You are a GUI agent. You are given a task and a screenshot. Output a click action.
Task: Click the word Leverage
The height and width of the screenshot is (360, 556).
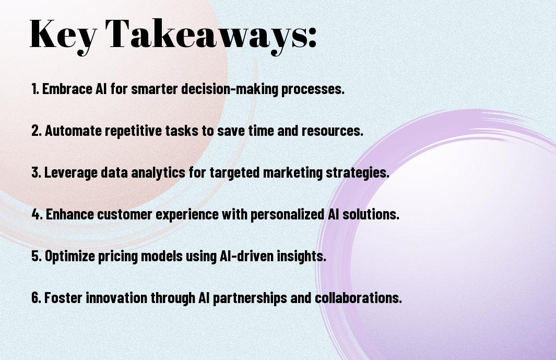(71, 173)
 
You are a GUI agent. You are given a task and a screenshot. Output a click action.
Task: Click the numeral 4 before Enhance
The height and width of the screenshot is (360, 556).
(36, 214)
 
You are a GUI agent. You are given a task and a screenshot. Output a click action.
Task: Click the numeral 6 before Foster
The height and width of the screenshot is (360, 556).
(36, 297)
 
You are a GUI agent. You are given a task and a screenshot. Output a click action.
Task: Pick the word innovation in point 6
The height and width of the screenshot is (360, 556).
(116, 297)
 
